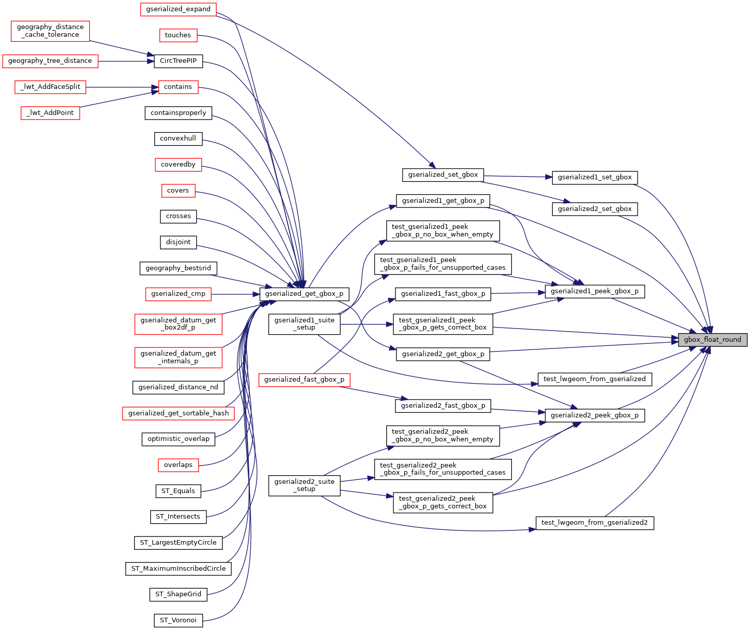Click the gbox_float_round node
click(712, 340)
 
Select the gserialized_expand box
click(178, 9)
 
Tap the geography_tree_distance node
click(50, 61)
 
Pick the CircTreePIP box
click(178, 61)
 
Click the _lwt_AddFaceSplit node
click(51, 87)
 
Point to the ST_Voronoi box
click(178, 620)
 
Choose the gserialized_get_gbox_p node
click(304, 294)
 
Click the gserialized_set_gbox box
click(442, 175)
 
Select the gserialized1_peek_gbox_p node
click(594, 291)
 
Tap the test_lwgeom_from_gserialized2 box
click(594, 523)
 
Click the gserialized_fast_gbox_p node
click(304, 380)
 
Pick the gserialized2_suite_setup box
click(304, 485)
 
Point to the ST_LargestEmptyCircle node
click(178, 543)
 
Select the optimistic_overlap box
click(178, 439)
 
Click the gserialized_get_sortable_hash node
click(178, 413)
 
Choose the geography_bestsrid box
click(178, 268)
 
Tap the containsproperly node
click(178, 113)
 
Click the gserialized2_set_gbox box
click(594, 209)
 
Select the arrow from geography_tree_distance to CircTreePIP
click(126, 61)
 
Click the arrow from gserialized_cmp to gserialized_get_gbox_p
click(235, 294)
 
